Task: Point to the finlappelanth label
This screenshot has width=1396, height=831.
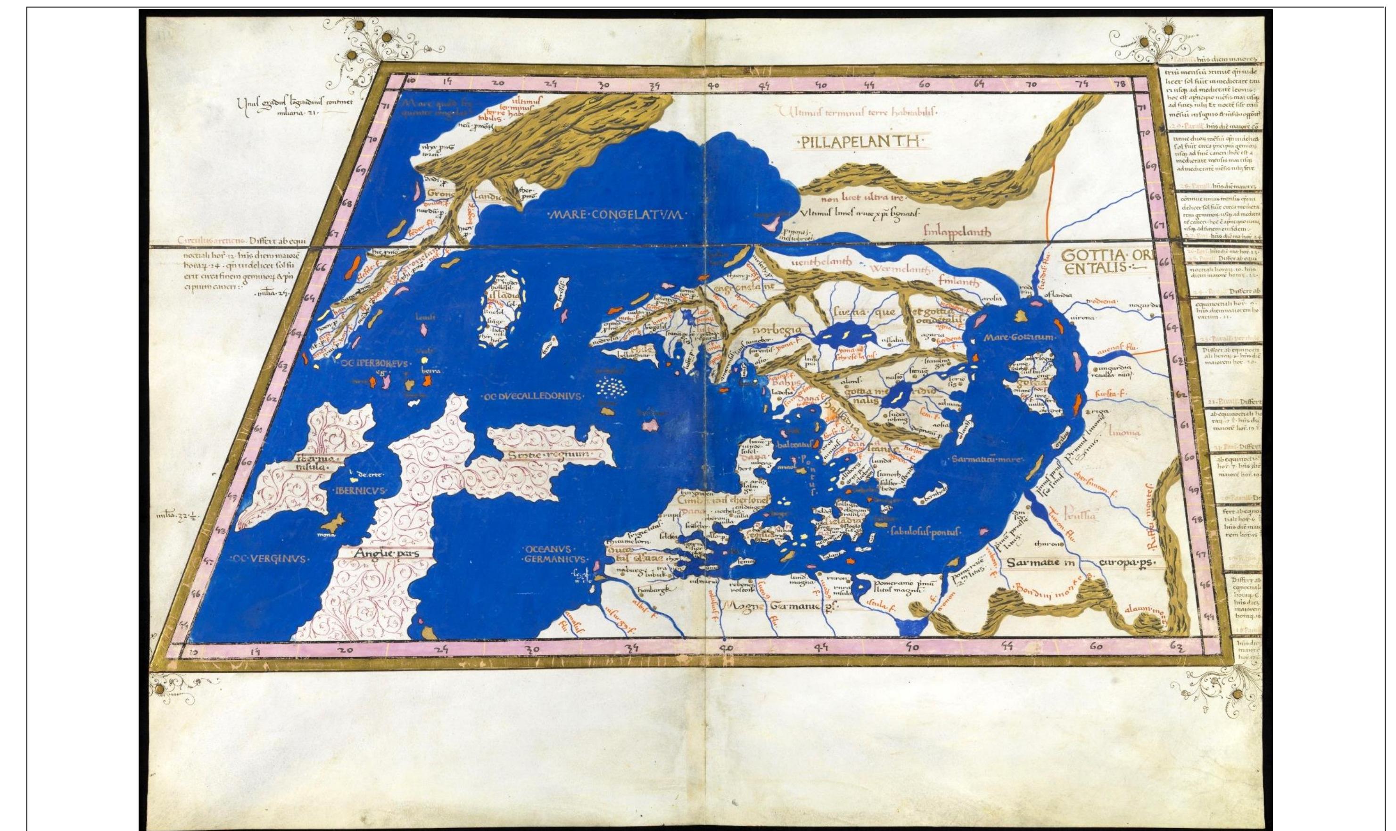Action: point(957,232)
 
